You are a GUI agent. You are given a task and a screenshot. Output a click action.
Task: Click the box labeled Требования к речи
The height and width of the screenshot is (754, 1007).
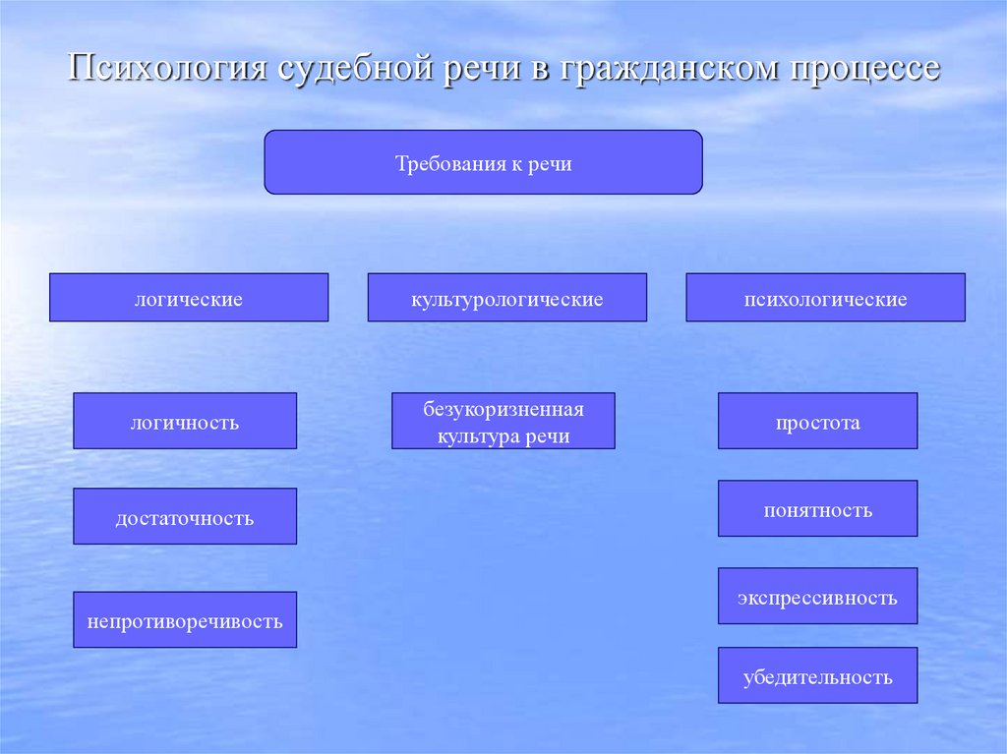tap(483, 162)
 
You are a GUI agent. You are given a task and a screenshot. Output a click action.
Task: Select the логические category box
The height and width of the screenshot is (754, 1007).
tap(189, 298)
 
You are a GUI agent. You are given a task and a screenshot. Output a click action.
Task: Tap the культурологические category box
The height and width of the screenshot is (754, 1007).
tap(507, 298)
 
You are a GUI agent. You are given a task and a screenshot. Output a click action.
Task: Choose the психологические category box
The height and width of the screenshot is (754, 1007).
tap(825, 298)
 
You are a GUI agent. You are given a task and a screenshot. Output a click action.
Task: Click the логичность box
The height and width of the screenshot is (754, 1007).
tap(185, 422)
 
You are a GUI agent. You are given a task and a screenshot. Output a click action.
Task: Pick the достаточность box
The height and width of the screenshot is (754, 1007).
tap(185, 517)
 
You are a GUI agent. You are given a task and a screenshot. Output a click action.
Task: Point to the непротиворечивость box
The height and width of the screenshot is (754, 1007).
tap(185, 620)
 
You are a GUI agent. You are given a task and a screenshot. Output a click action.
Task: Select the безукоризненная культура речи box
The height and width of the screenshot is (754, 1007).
tap(503, 422)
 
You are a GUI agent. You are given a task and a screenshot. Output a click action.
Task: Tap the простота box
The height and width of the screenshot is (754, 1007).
tap(817, 422)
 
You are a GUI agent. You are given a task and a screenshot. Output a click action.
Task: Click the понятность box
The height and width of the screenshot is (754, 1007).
tap(817, 509)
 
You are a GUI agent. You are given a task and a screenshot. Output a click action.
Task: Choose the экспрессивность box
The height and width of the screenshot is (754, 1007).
tap(817, 597)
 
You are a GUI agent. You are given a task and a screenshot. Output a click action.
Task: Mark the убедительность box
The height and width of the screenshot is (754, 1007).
tap(817, 675)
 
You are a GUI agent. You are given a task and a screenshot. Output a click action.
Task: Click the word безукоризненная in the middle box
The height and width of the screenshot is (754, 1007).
tap(503, 408)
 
